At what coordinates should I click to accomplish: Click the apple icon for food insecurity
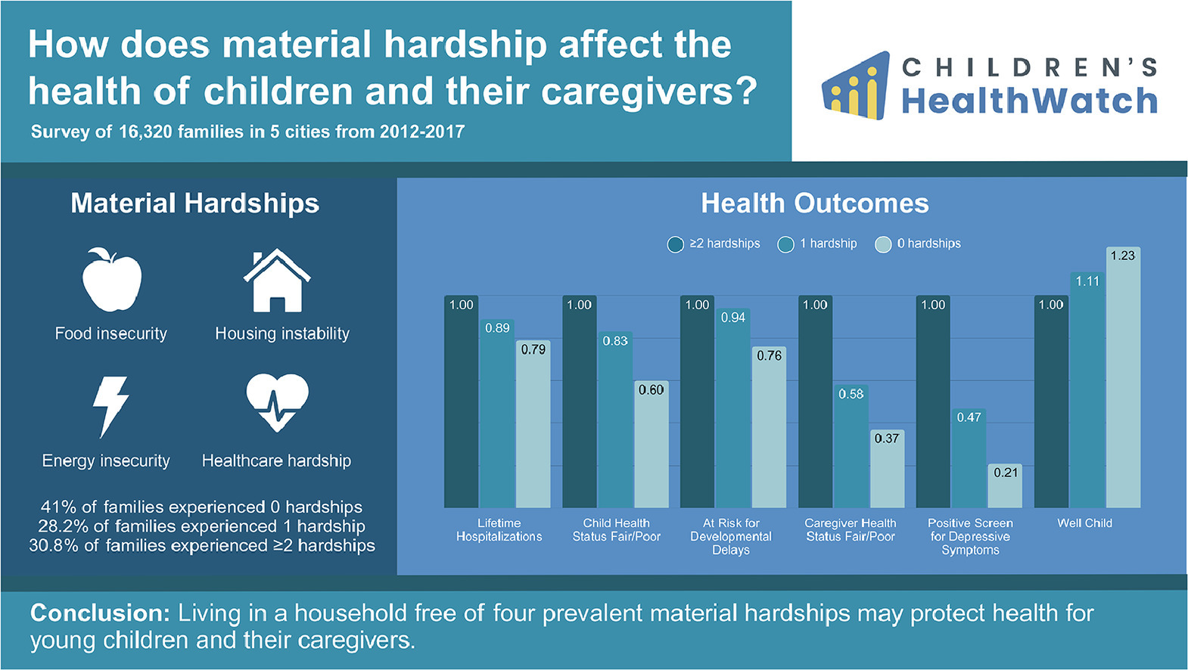pyautogui.click(x=112, y=279)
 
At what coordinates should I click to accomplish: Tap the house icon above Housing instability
pyautogui.click(x=277, y=281)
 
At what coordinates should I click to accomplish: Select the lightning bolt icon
pyautogui.click(x=110, y=407)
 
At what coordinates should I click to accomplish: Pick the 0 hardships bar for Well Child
pyautogui.click(x=1123, y=377)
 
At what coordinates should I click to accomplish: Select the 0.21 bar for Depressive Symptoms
pyautogui.click(x=1004, y=486)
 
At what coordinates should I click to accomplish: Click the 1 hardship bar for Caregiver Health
pyautogui.click(x=851, y=446)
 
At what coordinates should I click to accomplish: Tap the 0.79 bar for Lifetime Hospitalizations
pyautogui.click(x=533, y=424)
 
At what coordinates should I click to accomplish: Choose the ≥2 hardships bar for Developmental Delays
pyautogui.click(x=697, y=402)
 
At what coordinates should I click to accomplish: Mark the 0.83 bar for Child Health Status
pyautogui.click(x=615, y=420)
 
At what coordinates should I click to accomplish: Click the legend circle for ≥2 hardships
pyautogui.click(x=675, y=244)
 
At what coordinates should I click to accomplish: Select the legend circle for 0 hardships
pyautogui.click(x=883, y=244)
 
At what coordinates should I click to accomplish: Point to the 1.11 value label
pyautogui.click(x=1087, y=281)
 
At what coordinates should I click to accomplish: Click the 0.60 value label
pyautogui.click(x=652, y=390)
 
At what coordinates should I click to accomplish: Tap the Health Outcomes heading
pyautogui.click(x=815, y=203)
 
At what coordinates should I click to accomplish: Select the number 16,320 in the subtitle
pyautogui.click(x=145, y=132)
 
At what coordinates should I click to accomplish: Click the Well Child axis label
pyautogui.click(x=1084, y=523)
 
